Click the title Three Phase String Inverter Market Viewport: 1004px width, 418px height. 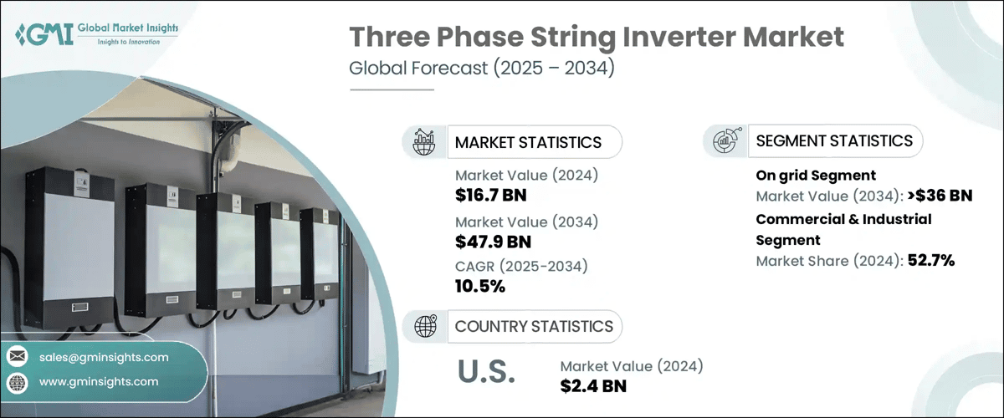pyautogui.click(x=596, y=38)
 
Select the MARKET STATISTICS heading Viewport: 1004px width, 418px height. pyautogui.click(x=528, y=142)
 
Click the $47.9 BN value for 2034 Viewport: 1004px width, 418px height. pyautogui.click(x=493, y=242)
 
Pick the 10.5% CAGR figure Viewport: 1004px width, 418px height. pyautogui.click(x=480, y=287)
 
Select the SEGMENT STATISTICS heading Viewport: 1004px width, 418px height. pyautogui.click(x=834, y=140)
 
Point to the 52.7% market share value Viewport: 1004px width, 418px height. pyautogui.click(x=931, y=260)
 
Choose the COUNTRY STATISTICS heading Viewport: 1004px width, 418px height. pyautogui.click(x=534, y=326)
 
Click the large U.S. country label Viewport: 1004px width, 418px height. pyautogui.click(x=486, y=372)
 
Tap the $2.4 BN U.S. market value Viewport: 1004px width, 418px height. pyautogui.click(x=593, y=385)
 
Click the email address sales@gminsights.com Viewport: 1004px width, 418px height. pyautogui.click(x=104, y=357)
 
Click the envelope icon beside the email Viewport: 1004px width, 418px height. pyautogui.click(x=18, y=357)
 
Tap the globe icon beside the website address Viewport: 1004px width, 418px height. pyautogui.click(x=18, y=382)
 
